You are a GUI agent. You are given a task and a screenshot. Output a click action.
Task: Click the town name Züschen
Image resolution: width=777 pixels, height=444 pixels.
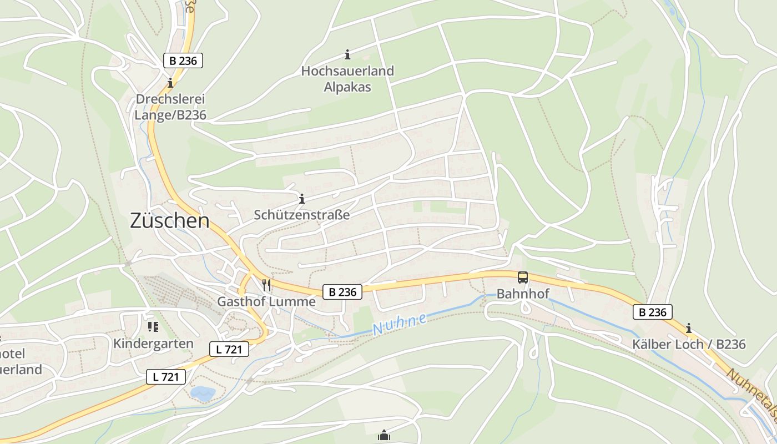pyautogui.click(x=170, y=221)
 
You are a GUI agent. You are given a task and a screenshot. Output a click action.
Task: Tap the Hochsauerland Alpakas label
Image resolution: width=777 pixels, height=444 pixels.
pyautogui.click(x=347, y=79)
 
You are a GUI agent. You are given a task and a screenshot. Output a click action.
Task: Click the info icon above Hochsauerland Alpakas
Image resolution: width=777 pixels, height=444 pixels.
pyautogui.click(x=347, y=54)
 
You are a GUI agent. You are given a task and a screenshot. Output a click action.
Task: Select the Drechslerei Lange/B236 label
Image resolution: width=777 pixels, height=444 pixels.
pyautogui.click(x=170, y=107)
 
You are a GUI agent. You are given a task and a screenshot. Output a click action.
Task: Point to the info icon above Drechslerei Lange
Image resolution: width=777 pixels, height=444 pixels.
pyautogui.click(x=170, y=83)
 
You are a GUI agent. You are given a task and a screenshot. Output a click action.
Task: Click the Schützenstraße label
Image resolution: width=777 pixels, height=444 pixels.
pyautogui.click(x=302, y=215)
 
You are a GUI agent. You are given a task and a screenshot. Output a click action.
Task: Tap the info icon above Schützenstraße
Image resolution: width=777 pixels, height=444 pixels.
pyautogui.click(x=302, y=198)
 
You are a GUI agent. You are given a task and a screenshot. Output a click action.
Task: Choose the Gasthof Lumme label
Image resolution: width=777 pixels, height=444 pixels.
pyautogui.click(x=266, y=302)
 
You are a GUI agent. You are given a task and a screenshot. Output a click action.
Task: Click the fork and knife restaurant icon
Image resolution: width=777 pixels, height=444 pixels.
pyautogui.click(x=266, y=285)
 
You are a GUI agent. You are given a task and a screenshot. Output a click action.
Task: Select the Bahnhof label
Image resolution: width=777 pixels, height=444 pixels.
pyautogui.click(x=522, y=294)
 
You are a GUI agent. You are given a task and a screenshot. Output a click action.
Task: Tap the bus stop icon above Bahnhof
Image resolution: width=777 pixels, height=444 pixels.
pyautogui.click(x=522, y=277)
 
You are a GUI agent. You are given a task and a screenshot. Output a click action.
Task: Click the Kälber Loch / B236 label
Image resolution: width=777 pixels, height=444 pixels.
pyautogui.click(x=689, y=344)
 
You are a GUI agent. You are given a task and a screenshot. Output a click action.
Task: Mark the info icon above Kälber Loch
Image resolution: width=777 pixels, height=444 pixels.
pyautogui.click(x=689, y=328)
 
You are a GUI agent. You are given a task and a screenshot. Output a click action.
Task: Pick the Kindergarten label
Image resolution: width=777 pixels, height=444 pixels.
pyautogui.click(x=153, y=343)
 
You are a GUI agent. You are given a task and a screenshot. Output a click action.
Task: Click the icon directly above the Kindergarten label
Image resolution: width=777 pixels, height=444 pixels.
pyautogui.click(x=153, y=326)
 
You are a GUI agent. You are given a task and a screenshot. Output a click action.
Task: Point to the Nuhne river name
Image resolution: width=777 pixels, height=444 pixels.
pyautogui.click(x=400, y=324)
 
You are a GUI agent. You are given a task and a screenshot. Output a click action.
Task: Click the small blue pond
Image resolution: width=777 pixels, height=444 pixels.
pyautogui.click(x=203, y=393)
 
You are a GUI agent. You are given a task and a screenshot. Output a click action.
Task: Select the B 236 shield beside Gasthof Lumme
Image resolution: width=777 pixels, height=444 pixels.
pyautogui.click(x=342, y=291)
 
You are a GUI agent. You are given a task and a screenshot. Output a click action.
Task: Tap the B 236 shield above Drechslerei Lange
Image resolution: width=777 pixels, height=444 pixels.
pyautogui.click(x=183, y=60)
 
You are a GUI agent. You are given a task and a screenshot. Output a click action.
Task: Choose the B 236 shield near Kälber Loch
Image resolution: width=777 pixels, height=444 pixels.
pyautogui.click(x=653, y=312)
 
